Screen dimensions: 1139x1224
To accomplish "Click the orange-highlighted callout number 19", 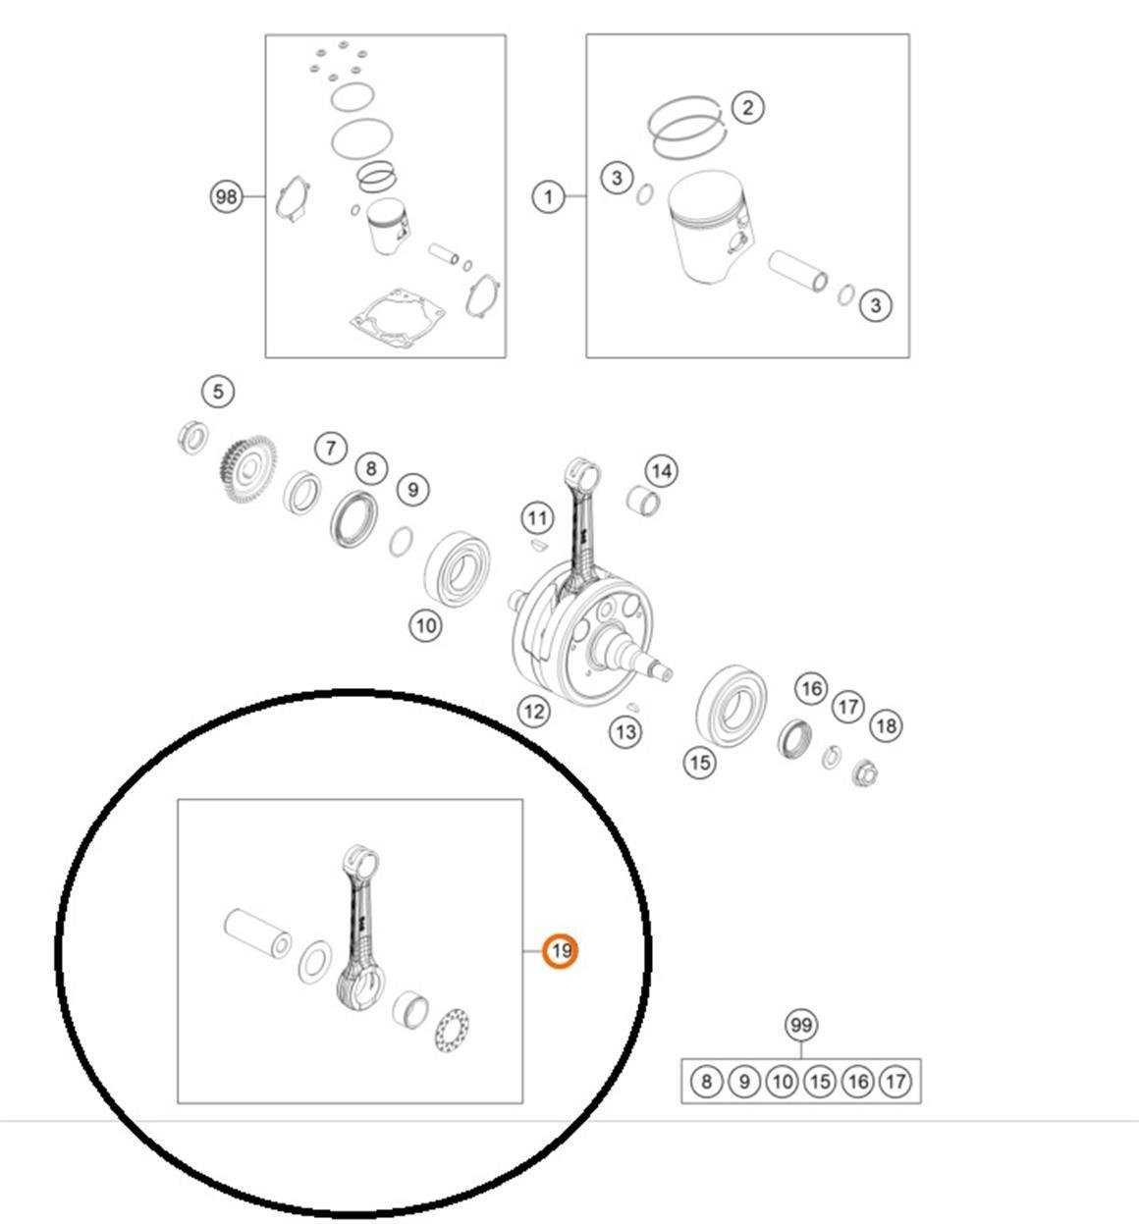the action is (x=561, y=951).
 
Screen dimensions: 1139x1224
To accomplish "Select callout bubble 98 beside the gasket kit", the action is (x=226, y=196).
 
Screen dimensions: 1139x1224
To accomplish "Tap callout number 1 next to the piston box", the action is (x=548, y=197).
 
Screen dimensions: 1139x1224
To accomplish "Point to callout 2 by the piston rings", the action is (x=747, y=109).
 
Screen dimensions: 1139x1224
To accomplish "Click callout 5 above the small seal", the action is (x=218, y=392).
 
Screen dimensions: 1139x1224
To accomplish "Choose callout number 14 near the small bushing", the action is (x=662, y=471).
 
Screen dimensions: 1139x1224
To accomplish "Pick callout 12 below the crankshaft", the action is (x=533, y=712).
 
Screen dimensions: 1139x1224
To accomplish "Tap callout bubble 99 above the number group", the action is (x=801, y=1026).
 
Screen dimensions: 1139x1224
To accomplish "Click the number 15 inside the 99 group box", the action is (x=820, y=1082).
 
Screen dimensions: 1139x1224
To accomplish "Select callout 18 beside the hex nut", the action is (x=887, y=726).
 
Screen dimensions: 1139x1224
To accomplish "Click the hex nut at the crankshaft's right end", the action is (x=865, y=773).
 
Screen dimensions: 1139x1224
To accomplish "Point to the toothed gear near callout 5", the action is (x=247, y=469).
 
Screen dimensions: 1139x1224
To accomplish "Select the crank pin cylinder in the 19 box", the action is (x=258, y=933).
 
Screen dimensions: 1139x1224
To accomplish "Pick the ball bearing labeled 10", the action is (x=458, y=569).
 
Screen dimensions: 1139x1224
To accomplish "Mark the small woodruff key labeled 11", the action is (x=537, y=545).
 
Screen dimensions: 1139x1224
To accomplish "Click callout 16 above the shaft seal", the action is (x=812, y=688).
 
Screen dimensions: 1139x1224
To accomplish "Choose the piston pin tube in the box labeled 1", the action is (x=798, y=271).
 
